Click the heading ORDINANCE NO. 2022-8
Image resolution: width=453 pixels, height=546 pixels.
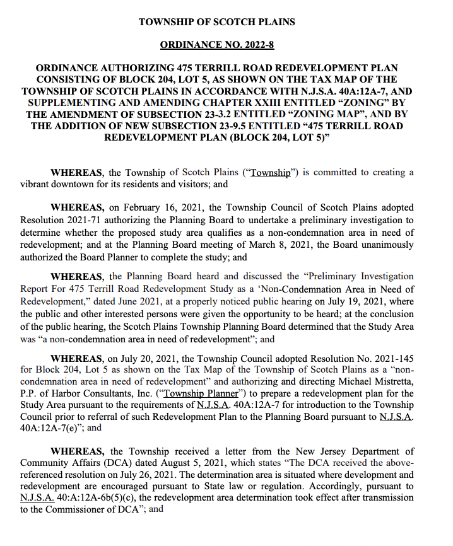point(216,45)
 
